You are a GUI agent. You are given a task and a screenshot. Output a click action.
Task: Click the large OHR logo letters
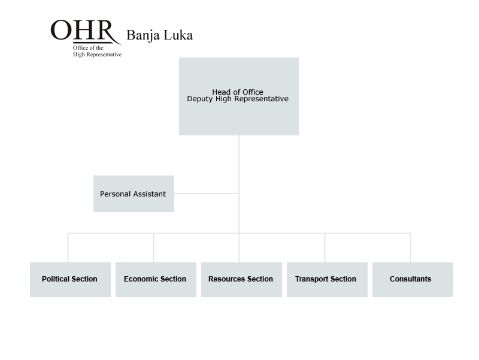pos(82,30)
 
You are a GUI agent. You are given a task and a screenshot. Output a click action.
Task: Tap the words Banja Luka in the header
pos(159,35)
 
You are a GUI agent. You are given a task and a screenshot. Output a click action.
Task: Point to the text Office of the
pos(88,48)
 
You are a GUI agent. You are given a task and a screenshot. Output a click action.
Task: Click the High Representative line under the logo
pos(97,55)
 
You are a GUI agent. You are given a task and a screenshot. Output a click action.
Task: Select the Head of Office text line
pos(238,92)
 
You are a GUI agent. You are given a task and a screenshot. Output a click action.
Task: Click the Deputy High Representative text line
pos(238,99)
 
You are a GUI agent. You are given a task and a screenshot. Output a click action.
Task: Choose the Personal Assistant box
pos(134,193)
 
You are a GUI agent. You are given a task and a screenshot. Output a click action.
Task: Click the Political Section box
pos(70,280)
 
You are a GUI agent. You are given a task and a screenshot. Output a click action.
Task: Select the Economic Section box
pos(156,280)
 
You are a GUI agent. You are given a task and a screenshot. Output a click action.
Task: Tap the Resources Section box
pos(241,280)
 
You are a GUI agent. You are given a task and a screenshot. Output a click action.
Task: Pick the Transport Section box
pos(327,280)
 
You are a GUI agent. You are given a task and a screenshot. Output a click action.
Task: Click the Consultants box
pos(413,280)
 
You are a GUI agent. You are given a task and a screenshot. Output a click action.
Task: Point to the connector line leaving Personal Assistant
pos(207,193)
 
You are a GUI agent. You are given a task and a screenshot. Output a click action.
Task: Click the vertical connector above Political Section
pos(68,248)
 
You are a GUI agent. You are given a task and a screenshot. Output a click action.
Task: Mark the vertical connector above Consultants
pos(410,248)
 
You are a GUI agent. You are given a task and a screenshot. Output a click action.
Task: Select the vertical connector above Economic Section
pos(153,248)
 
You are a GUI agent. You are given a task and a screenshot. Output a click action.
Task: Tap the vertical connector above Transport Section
pos(325,248)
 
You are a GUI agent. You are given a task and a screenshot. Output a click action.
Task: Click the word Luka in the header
pos(178,35)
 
